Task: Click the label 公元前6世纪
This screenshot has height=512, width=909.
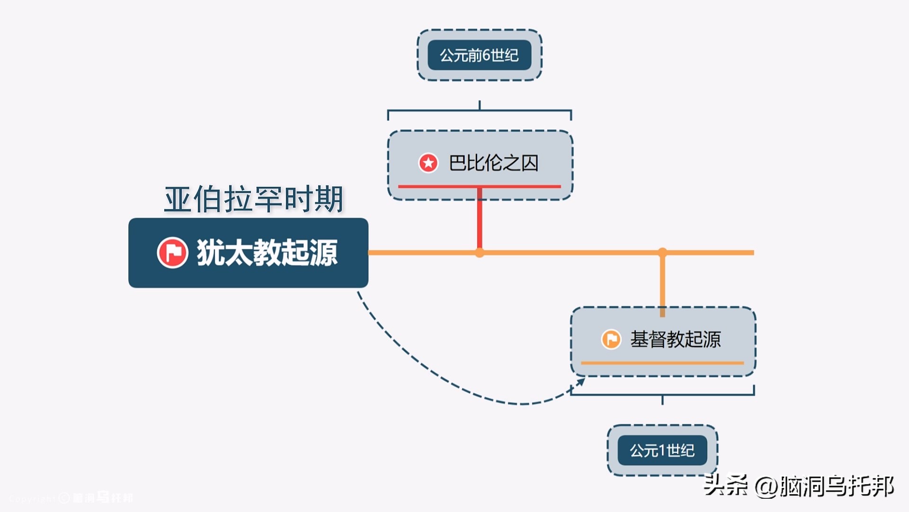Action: pos(479,55)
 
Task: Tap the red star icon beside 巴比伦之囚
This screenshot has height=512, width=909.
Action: pos(428,163)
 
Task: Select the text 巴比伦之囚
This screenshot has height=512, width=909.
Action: pos(493,163)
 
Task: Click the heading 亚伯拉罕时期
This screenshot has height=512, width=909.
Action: pos(253,199)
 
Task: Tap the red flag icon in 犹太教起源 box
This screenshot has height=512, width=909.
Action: pos(172,253)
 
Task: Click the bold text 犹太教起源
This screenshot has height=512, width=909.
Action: pos(267,253)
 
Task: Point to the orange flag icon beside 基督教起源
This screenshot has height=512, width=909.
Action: pos(611,339)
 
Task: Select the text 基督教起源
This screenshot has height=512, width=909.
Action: pos(675,339)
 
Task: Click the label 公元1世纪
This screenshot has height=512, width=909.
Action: pos(662,450)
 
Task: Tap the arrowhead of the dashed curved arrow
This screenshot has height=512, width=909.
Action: pos(580,382)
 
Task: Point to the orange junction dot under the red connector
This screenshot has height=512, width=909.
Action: pos(480,253)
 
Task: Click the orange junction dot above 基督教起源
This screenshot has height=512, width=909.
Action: pos(662,252)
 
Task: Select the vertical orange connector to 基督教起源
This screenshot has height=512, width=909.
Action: pos(662,284)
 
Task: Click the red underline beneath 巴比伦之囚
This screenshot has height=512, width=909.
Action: pos(479,186)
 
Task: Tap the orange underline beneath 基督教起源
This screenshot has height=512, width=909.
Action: pos(662,363)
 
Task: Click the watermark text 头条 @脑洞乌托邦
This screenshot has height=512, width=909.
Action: pos(798,486)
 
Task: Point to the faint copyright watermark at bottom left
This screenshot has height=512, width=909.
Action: pos(71,498)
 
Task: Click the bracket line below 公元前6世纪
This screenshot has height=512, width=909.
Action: pos(479,111)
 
